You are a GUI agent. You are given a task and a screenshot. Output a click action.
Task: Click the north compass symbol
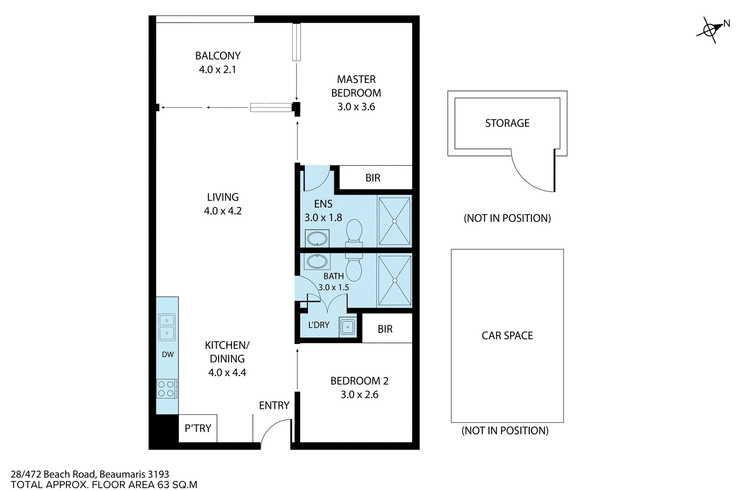[x=710, y=30]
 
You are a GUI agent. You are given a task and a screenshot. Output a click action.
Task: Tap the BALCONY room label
[x=218, y=56]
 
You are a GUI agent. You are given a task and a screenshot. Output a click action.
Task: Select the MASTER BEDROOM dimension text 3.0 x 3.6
[x=356, y=107]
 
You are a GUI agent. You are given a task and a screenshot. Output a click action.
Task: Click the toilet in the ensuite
[x=355, y=231]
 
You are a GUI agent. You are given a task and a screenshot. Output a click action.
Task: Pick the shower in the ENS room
[x=394, y=221]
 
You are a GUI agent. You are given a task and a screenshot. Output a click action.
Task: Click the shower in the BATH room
[x=394, y=280]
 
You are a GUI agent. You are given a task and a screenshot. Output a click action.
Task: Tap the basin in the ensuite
[x=317, y=239]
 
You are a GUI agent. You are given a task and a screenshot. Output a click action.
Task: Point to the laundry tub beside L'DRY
[x=346, y=328]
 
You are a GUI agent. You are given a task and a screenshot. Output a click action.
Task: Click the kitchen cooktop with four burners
[x=166, y=388]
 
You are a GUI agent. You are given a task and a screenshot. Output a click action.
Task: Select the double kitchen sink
[x=166, y=327]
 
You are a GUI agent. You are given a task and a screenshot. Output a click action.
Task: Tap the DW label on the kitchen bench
[x=167, y=355]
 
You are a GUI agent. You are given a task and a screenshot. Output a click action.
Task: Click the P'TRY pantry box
[x=198, y=428]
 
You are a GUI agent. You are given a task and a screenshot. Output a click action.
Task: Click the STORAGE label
[x=507, y=123]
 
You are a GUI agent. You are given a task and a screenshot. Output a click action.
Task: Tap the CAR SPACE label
[x=507, y=336]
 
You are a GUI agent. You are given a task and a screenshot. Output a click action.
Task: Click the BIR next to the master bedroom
[x=372, y=178]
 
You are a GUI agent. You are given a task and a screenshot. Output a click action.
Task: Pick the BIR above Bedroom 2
[x=385, y=329]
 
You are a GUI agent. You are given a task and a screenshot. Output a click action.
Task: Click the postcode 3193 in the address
[x=158, y=474]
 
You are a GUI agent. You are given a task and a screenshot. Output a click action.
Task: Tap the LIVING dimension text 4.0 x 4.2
[x=223, y=211]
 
